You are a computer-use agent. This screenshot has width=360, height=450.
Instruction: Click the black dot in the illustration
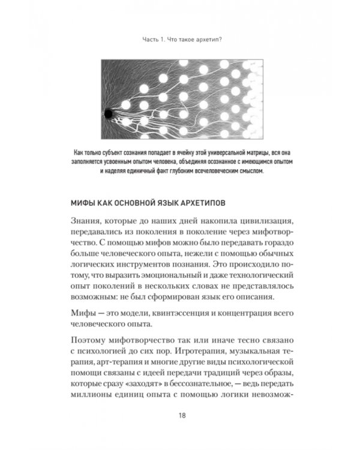click(x=107, y=113)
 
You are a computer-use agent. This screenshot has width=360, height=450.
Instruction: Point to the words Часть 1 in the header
click(x=148, y=41)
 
